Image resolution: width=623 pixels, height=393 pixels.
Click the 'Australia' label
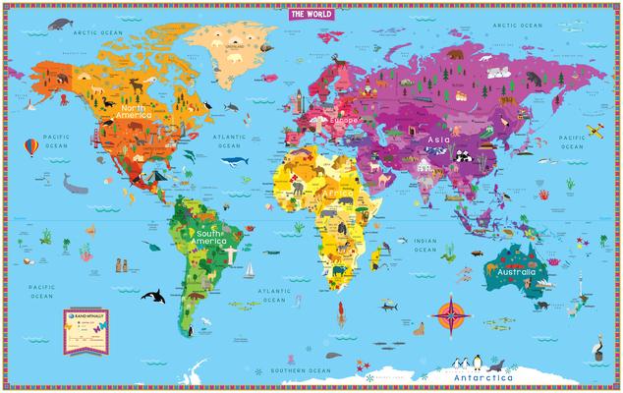(x=515, y=271)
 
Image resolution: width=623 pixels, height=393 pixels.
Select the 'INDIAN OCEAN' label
(x=425, y=244)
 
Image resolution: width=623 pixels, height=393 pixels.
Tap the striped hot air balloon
(x=32, y=146)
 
